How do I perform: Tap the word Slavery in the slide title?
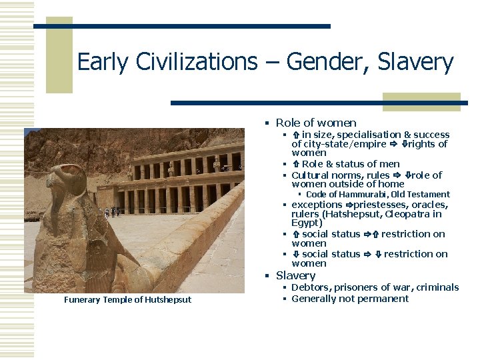point(415,63)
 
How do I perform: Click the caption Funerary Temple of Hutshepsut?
point(127,300)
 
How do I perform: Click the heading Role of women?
point(316,123)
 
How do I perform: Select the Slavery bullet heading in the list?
point(295,275)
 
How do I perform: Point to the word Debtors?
point(311,287)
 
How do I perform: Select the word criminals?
point(437,287)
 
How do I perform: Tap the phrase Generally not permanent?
point(350,299)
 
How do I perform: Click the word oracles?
point(429,205)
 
